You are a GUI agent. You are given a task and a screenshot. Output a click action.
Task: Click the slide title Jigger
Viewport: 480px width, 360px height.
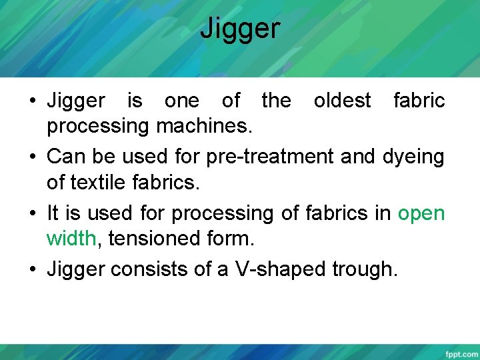point(240,29)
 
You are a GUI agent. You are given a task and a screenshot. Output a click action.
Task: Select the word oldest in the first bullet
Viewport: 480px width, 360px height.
point(342,101)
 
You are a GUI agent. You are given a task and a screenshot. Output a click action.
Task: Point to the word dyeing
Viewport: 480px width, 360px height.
point(413,157)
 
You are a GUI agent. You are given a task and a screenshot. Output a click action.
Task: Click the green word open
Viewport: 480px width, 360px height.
point(421,214)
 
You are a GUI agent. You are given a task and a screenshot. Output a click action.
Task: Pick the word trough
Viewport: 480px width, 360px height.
point(363,270)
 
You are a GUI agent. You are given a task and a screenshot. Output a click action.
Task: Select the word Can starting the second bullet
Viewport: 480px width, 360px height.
point(64,157)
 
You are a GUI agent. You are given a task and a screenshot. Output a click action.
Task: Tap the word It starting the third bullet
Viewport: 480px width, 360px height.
point(53,214)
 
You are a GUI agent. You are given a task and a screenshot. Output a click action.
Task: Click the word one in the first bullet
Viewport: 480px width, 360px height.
point(181,101)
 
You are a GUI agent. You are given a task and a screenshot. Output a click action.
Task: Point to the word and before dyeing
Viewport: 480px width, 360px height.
point(361,157)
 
